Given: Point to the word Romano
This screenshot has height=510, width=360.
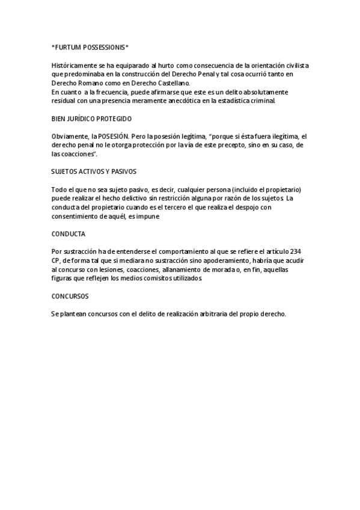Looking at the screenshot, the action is tap(90, 83).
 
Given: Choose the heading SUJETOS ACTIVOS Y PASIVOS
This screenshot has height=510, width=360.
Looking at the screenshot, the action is tap(94, 171).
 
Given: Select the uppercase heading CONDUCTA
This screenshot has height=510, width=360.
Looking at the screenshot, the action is tap(68, 233).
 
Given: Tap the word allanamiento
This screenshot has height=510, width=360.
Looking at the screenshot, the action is tap(184, 270).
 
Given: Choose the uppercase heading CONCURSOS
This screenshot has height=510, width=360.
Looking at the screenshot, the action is tap(70, 296).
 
